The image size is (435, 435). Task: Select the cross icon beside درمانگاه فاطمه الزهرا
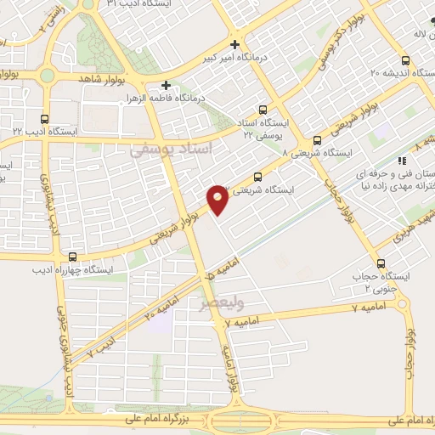167,85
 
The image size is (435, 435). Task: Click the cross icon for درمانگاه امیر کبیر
235,43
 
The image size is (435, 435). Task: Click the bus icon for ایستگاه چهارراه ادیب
72,257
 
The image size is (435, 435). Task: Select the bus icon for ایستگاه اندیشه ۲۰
404,60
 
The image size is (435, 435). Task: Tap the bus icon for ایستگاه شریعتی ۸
317,140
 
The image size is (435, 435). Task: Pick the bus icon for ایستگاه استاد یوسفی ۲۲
262,110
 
